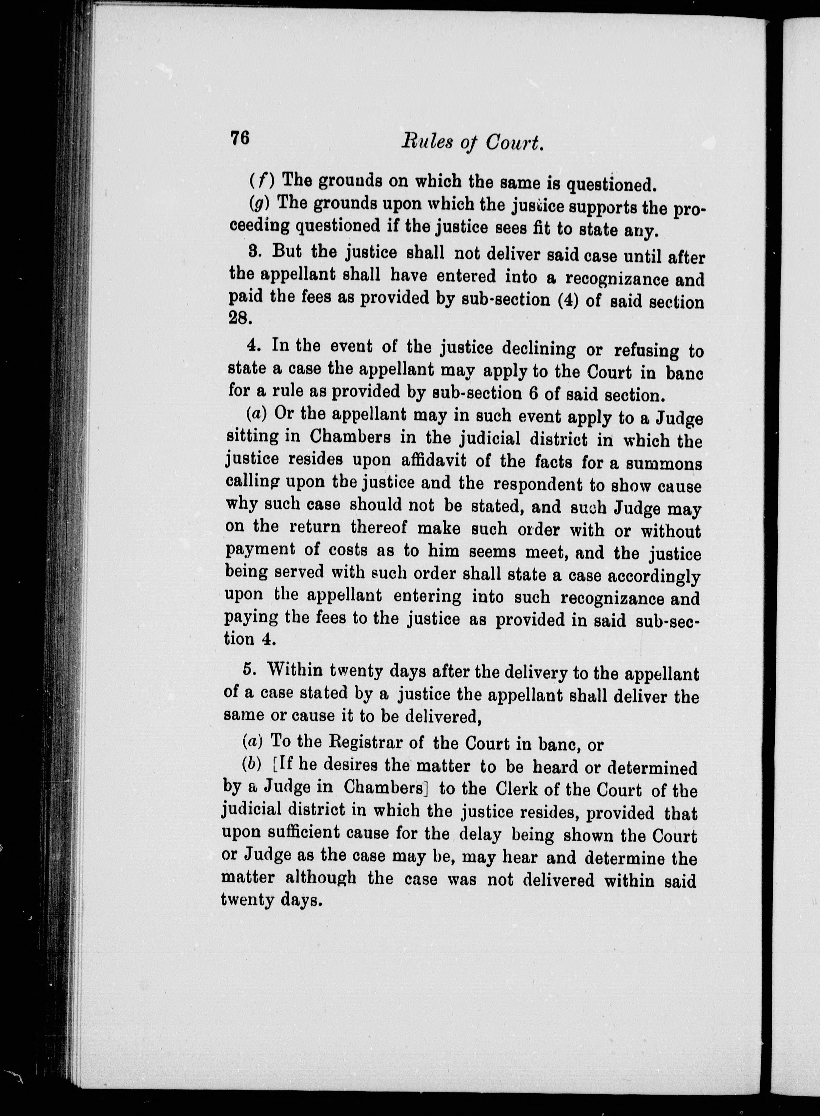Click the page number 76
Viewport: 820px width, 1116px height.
click(239, 137)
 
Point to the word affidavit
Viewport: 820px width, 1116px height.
click(434, 461)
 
